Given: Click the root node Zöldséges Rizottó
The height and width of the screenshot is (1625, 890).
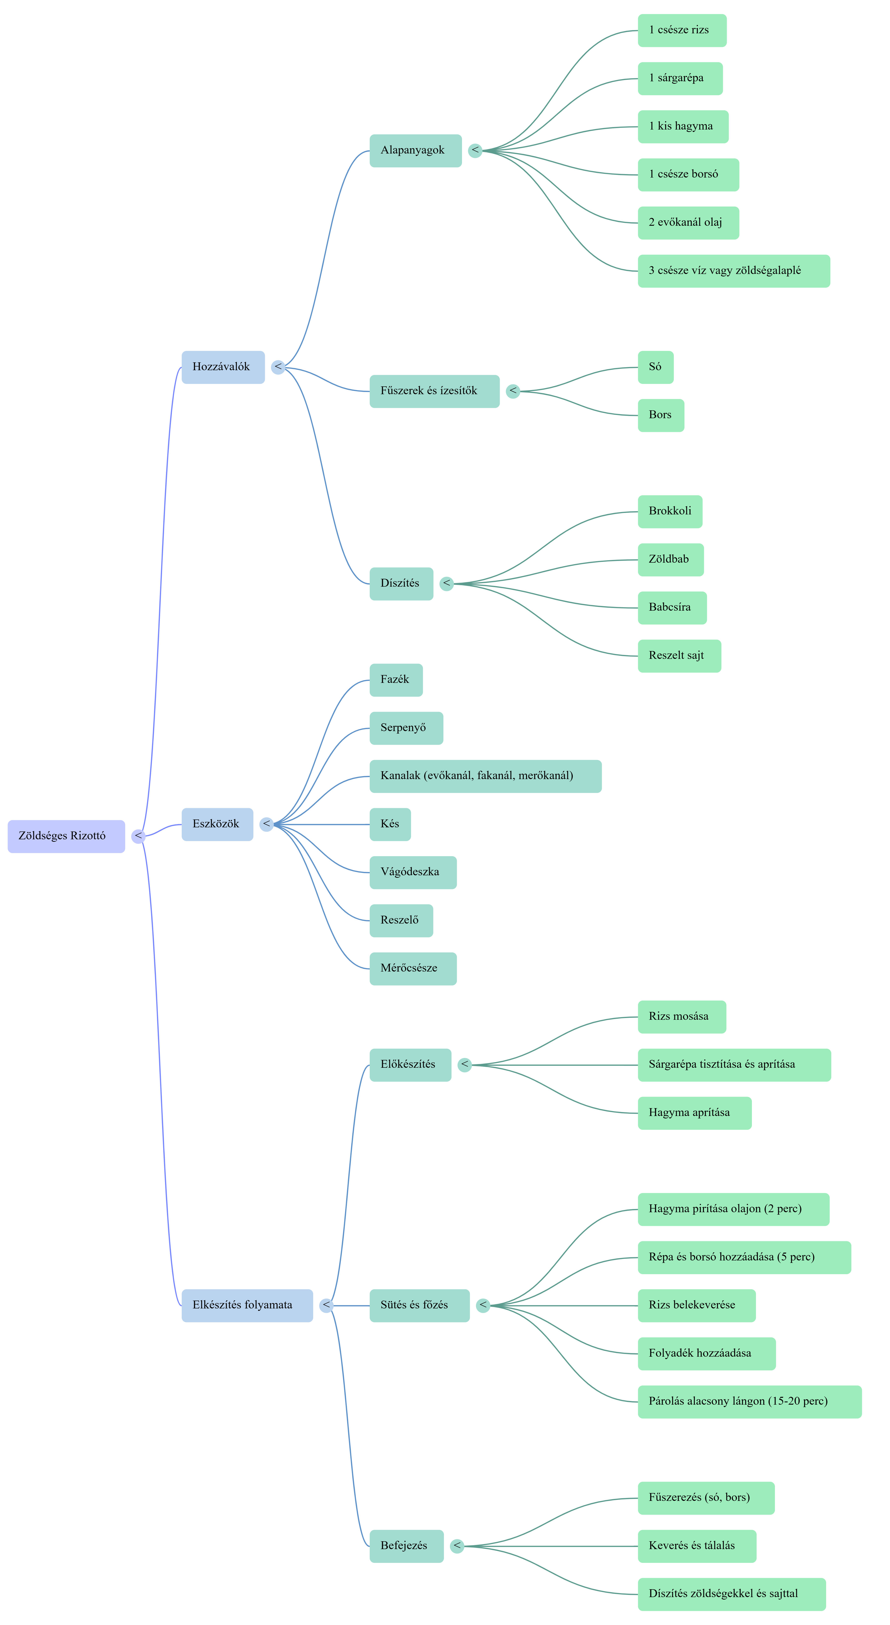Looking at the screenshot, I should pyautogui.click(x=66, y=836).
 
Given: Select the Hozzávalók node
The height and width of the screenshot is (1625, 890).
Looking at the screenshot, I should pyautogui.click(x=223, y=367).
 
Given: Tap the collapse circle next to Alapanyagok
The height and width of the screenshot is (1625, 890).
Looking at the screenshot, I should pyautogui.click(x=475, y=151).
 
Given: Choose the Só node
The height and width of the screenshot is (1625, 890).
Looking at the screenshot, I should pyautogui.click(x=655, y=367).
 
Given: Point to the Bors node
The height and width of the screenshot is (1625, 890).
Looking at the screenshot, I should pyautogui.click(x=660, y=415).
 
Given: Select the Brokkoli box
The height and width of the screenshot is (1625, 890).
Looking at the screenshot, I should pyautogui.click(x=670, y=512).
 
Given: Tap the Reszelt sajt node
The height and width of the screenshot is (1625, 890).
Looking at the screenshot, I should pyautogui.click(x=679, y=656).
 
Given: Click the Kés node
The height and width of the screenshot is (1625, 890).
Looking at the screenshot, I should pyautogui.click(x=390, y=824).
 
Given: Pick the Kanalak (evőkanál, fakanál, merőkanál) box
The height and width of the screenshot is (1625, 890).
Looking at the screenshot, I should pyautogui.click(x=485, y=777).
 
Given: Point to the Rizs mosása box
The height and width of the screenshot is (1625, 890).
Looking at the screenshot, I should pyautogui.click(x=681, y=1017).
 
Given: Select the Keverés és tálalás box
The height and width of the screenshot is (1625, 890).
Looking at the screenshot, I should pyautogui.click(x=696, y=1546).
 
